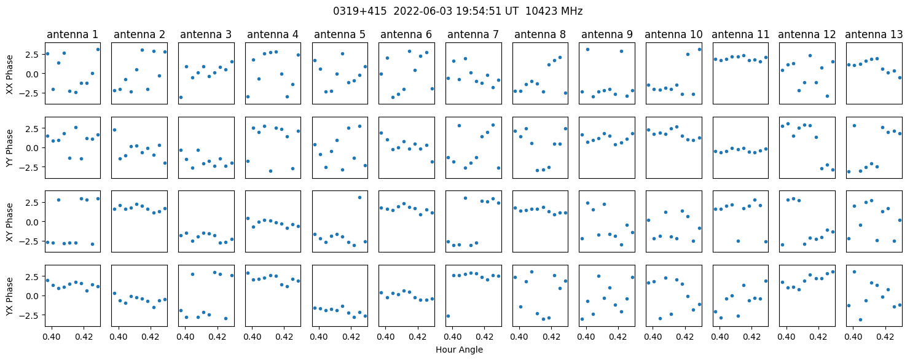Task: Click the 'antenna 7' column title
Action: (473, 34)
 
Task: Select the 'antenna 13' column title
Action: (874, 34)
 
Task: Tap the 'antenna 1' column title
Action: (73, 34)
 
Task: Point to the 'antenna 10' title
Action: (673, 34)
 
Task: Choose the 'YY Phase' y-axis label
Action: (9, 148)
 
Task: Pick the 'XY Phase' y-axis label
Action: (9, 222)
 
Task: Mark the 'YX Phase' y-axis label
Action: (9, 296)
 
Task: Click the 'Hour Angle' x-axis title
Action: (459, 350)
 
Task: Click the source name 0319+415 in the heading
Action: (360, 12)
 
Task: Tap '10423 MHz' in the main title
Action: (554, 12)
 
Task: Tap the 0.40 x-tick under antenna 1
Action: (52, 337)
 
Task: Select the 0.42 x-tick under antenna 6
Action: (418, 337)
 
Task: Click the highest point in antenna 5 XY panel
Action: (359, 197)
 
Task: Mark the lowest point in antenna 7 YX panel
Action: (448, 316)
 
